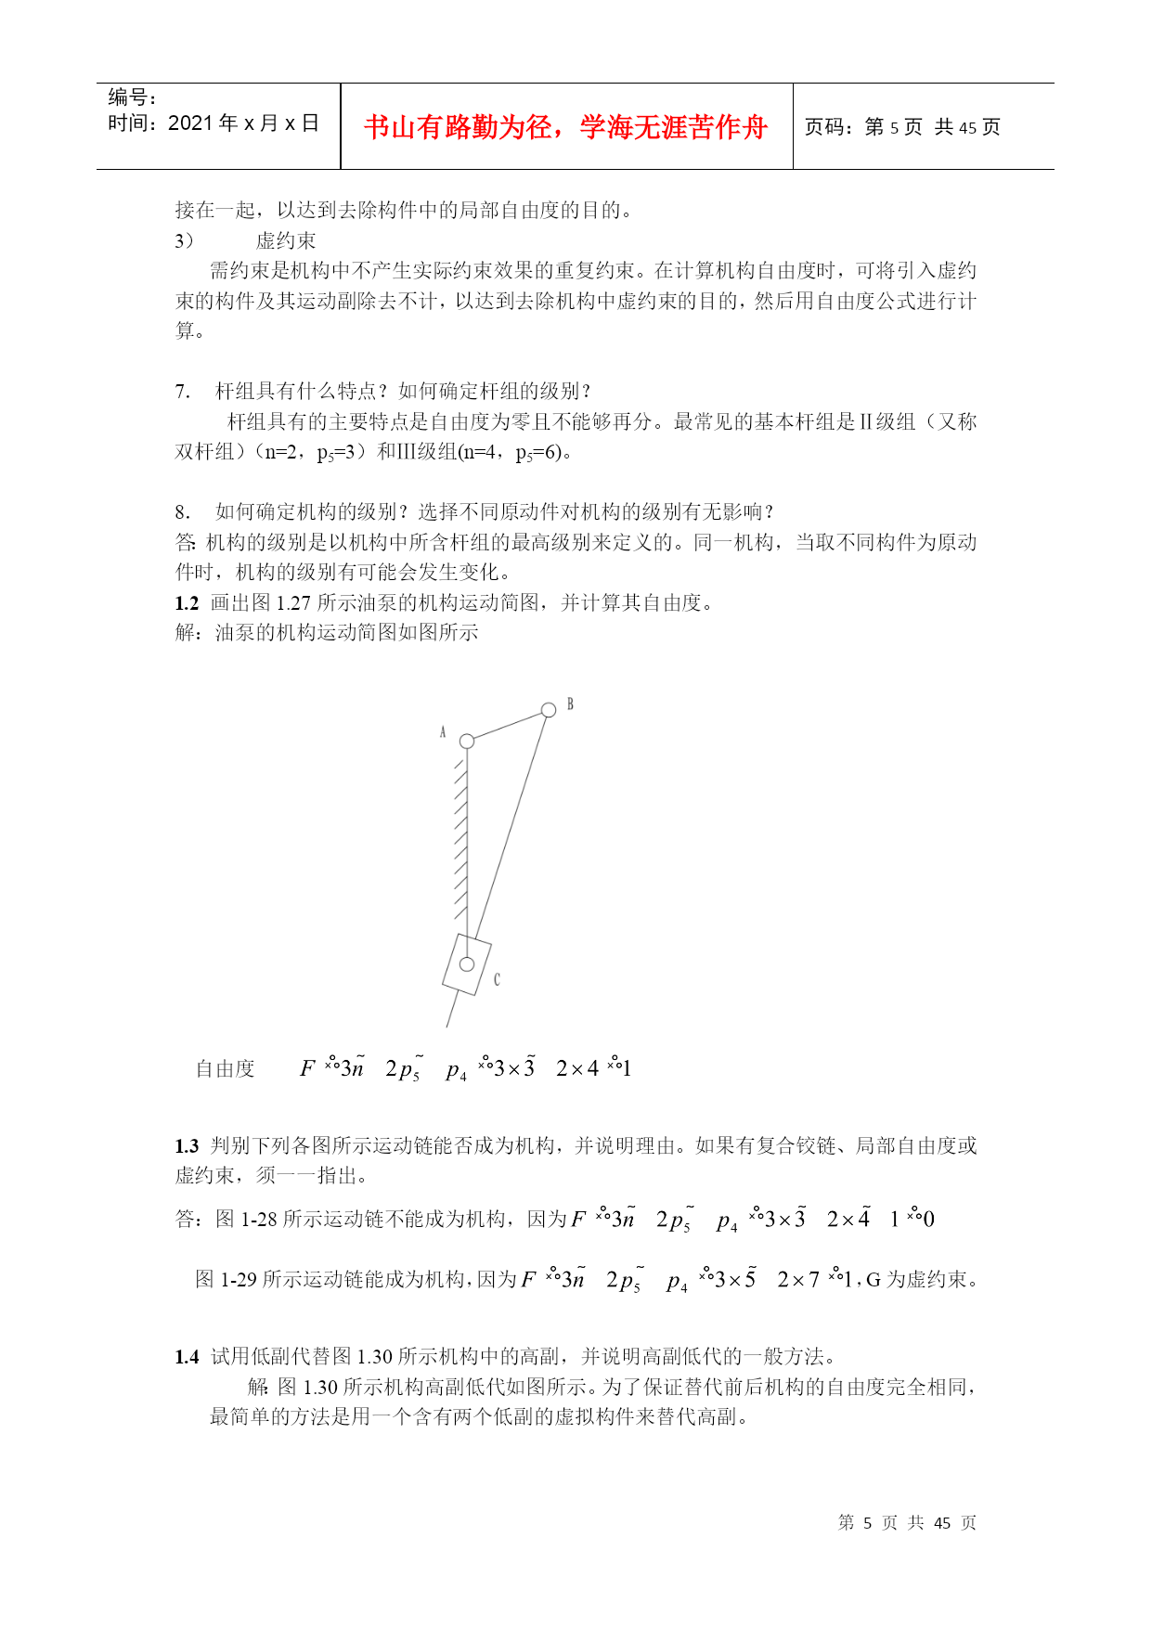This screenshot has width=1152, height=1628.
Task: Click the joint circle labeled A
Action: tap(467, 741)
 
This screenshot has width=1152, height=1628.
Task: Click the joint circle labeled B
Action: tap(549, 710)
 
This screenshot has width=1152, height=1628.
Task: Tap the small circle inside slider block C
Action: tap(467, 964)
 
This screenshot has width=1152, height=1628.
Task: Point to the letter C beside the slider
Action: tap(497, 979)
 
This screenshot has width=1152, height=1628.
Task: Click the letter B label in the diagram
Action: tap(570, 704)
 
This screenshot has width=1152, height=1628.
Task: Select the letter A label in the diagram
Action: tap(443, 732)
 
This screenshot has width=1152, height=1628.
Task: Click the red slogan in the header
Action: tap(565, 127)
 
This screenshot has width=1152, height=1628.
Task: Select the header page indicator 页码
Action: tap(826, 127)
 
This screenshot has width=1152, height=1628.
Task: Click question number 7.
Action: tap(182, 392)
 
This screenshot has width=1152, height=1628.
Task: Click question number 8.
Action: tap(182, 512)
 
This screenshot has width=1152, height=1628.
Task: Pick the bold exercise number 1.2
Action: tap(187, 603)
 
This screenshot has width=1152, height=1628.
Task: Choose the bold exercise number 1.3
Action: tap(187, 1146)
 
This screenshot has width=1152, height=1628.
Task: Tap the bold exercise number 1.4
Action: tap(187, 1357)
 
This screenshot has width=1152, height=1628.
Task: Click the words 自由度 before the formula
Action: tap(225, 1069)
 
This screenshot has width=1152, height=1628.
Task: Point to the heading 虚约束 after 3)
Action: tap(286, 241)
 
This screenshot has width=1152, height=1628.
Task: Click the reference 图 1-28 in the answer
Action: tap(246, 1220)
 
